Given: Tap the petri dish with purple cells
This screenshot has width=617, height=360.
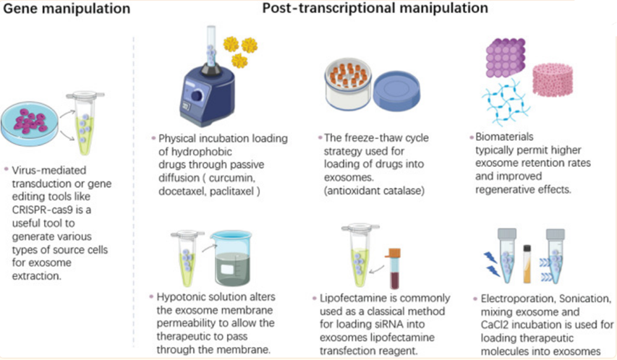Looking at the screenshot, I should [35, 121].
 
